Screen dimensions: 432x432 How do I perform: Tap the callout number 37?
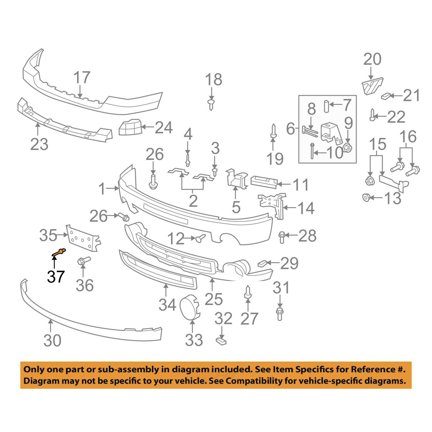(x=56, y=276)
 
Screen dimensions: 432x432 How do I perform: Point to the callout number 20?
(x=372, y=59)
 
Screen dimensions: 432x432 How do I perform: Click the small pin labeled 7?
(x=326, y=106)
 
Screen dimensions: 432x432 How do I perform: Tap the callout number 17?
(x=82, y=77)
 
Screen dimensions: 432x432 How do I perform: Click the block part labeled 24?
(x=130, y=127)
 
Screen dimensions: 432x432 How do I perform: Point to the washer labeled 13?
(x=366, y=198)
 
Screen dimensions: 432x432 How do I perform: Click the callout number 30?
(x=52, y=340)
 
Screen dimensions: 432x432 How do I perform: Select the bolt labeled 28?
(x=282, y=237)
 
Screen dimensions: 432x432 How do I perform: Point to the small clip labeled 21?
(x=386, y=96)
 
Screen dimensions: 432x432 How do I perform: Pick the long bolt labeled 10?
(x=312, y=151)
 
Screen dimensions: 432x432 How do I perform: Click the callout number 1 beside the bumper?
(x=102, y=188)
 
